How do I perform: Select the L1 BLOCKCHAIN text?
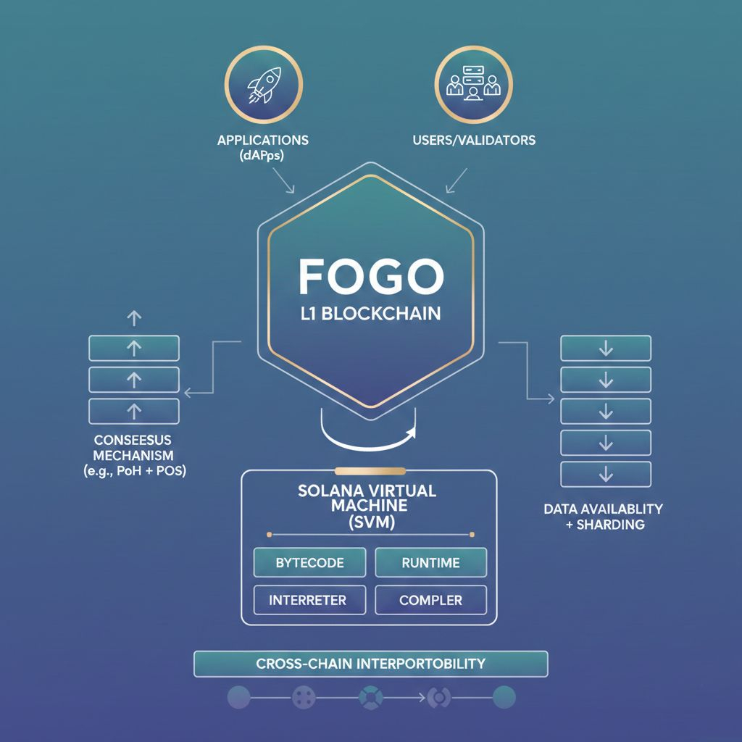pos(370,317)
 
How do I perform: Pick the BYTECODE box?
pos(310,562)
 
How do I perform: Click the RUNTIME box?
pos(430,562)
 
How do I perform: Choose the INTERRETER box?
pos(307,600)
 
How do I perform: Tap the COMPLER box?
pos(430,600)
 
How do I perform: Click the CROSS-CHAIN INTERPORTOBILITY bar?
pos(370,663)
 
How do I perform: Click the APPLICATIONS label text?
pos(262,140)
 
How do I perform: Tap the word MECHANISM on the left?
pos(133,455)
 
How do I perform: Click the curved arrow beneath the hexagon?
pos(370,433)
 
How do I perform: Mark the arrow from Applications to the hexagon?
pos(284,181)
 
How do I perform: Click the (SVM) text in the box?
pos(367,523)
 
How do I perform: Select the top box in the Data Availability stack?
pos(606,349)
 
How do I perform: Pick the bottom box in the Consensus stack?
pos(133,411)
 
